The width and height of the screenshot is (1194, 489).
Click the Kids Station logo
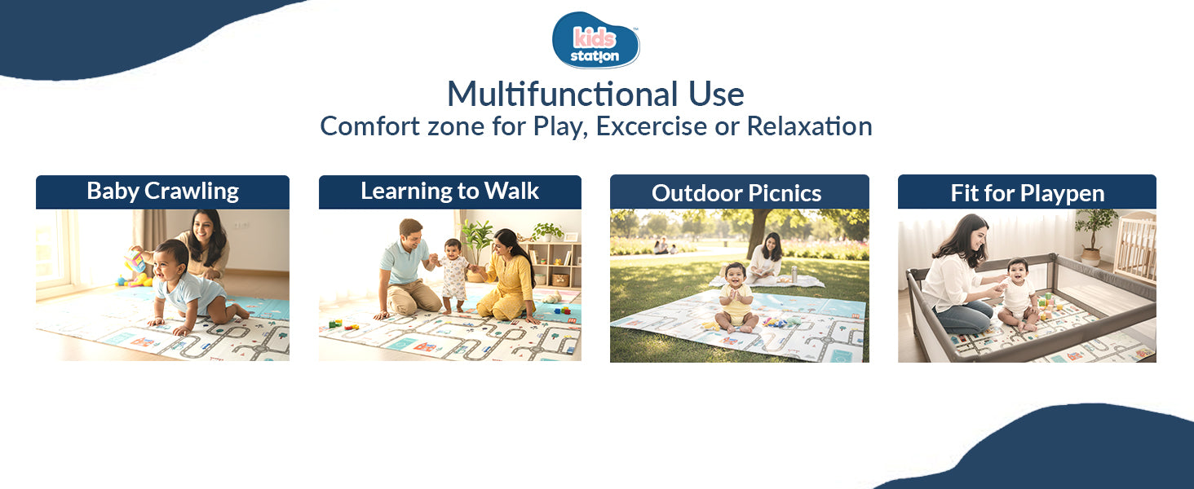tap(596, 40)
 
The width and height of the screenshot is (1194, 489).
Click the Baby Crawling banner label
tap(162, 192)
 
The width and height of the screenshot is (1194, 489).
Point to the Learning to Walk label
tap(449, 192)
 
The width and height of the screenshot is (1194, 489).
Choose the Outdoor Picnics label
tap(736, 193)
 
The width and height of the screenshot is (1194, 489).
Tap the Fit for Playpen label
tap(1027, 193)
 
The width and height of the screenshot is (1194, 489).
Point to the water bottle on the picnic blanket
tap(794, 274)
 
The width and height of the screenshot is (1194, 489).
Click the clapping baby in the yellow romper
tap(736, 297)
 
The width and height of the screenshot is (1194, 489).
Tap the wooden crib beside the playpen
tap(1135, 244)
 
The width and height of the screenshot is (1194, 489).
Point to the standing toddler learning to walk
tap(453, 273)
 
